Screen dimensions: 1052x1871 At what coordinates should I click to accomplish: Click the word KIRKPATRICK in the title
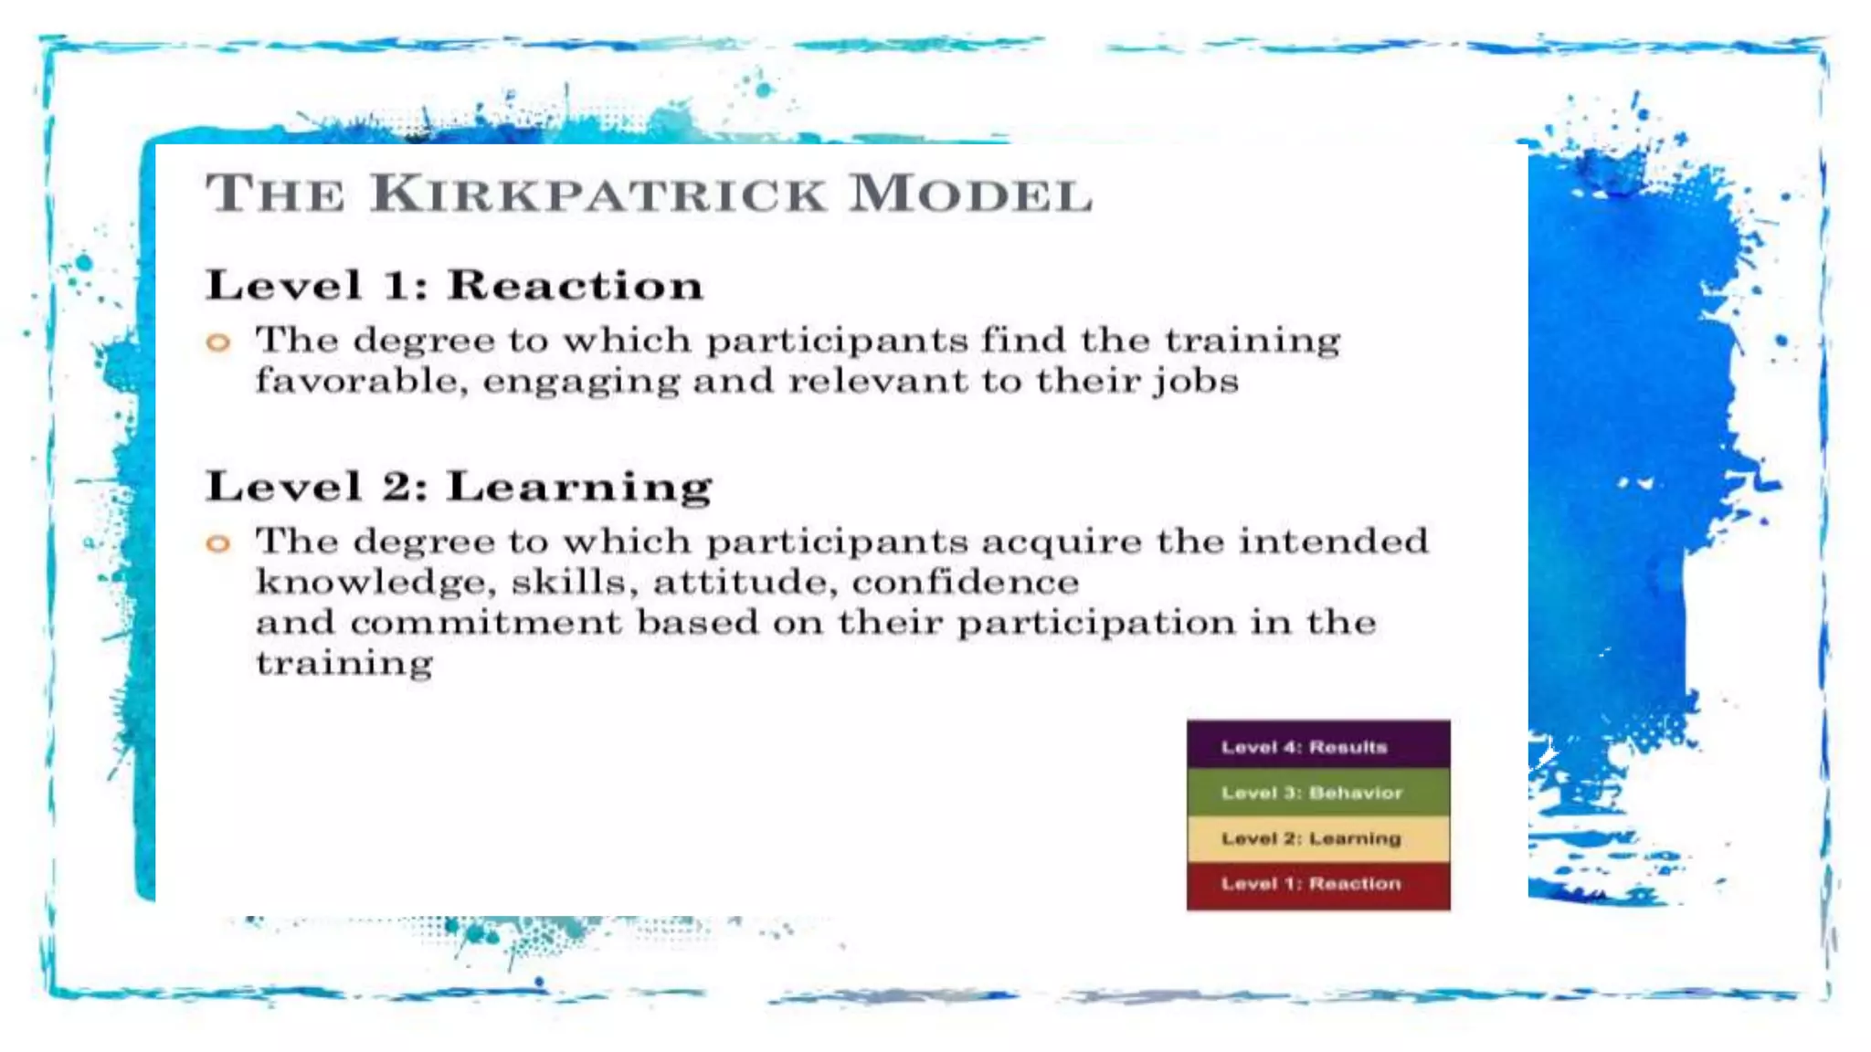(x=598, y=194)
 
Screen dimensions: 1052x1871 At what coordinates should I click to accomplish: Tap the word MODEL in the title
(x=970, y=194)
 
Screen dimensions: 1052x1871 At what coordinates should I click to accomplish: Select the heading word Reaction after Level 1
(x=576, y=285)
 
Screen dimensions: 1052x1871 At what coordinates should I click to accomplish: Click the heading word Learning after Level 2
(x=579, y=487)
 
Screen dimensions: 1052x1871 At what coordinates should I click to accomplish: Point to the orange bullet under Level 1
(x=218, y=343)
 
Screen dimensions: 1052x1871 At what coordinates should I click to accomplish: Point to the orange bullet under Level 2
(x=218, y=544)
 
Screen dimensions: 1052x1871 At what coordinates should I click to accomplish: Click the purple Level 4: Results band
(x=1317, y=746)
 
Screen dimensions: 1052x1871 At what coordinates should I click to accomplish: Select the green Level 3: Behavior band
(x=1317, y=793)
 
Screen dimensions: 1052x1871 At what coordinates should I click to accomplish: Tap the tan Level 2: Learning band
(x=1317, y=838)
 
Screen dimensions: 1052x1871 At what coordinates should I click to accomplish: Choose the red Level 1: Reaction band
(x=1317, y=884)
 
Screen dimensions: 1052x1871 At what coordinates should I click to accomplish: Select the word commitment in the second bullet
(x=486, y=623)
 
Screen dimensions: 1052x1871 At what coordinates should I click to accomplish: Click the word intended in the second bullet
(x=1333, y=541)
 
